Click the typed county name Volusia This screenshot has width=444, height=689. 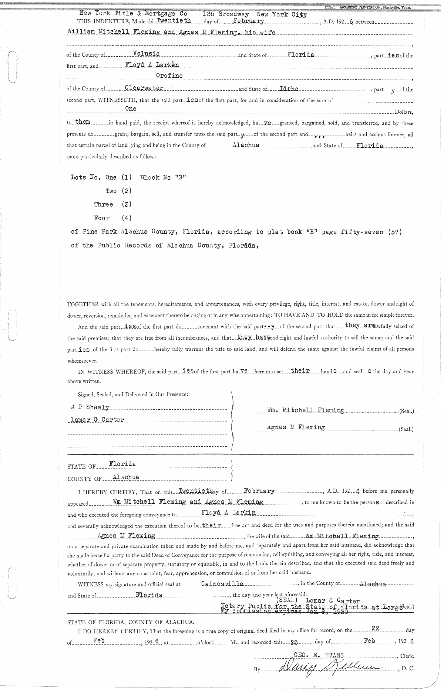[146, 54]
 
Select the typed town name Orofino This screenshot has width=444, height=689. [169, 76]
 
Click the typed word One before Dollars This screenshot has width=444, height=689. [131, 109]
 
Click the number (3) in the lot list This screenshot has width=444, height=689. [127, 204]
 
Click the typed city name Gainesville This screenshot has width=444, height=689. [222, 583]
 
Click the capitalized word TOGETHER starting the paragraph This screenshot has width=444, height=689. [83, 304]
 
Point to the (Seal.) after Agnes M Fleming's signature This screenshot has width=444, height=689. [406, 430]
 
